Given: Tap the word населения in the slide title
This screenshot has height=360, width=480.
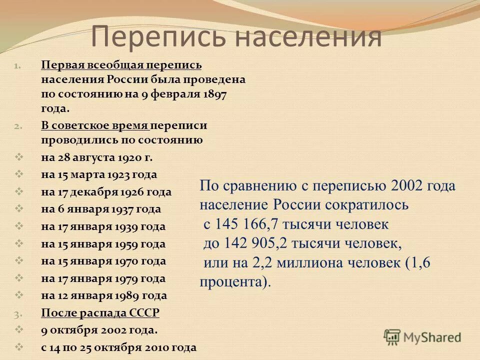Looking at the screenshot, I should (309, 36).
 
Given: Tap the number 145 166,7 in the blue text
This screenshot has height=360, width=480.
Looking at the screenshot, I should (248, 224).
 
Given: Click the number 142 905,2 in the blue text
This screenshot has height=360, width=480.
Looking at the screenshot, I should (248, 243).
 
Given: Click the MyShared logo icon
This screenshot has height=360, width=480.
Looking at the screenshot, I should (392, 337).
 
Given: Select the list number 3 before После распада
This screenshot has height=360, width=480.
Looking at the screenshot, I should (17, 313).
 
